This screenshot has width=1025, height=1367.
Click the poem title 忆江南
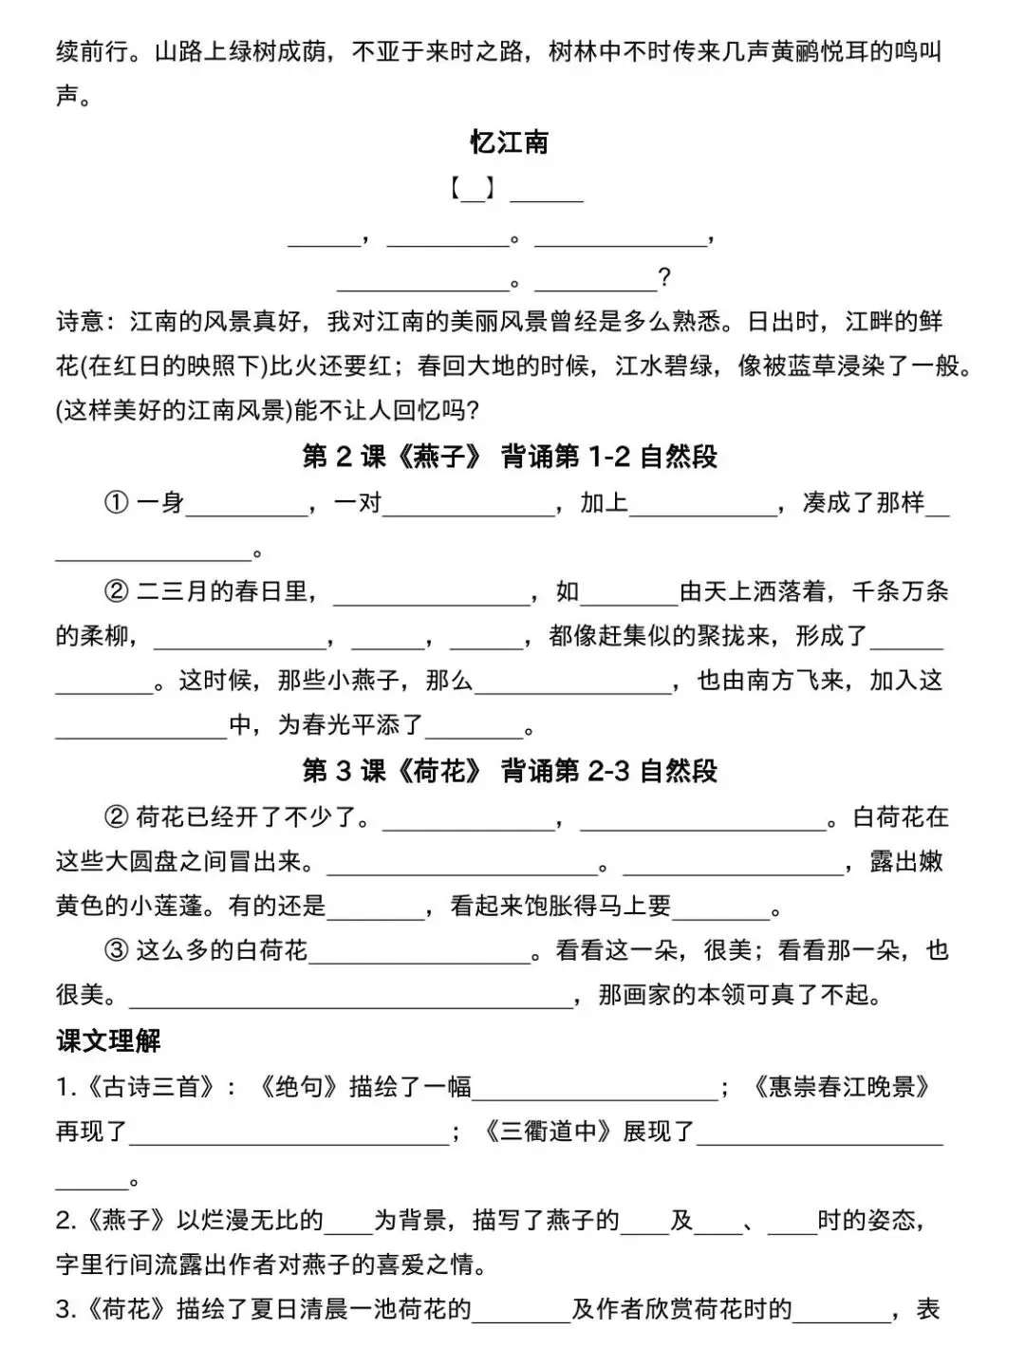tap(510, 143)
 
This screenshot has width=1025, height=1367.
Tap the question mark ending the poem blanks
tap(664, 278)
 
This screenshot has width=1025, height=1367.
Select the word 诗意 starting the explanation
tap(80, 322)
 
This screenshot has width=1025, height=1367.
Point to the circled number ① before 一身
tap(116, 503)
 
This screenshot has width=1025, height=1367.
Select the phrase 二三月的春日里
tap(222, 591)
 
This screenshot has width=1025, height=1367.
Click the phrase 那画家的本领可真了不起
tap(740, 994)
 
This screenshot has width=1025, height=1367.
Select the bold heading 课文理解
tap(108, 1040)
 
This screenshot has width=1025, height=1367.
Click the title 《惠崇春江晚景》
tap(840, 1086)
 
